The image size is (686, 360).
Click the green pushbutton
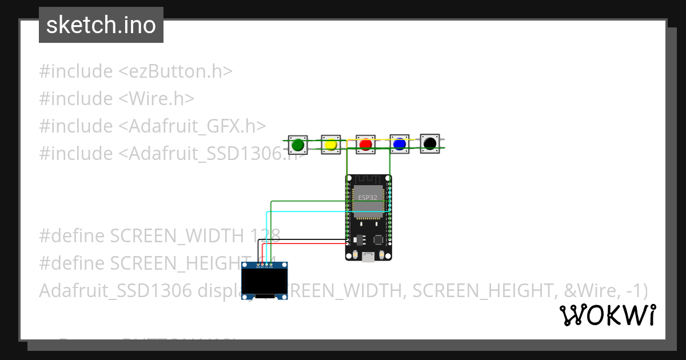(x=297, y=145)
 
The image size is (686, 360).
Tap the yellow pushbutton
(x=330, y=145)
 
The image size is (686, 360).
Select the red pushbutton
(x=365, y=145)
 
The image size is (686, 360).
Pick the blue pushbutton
(x=399, y=144)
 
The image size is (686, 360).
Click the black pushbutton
(x=430, y=143)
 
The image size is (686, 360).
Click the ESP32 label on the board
(x=368, y=197)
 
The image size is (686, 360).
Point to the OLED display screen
(x=264, y=282)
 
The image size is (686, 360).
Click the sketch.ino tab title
(x=101, y=25)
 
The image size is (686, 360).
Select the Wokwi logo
(x=607, y=315)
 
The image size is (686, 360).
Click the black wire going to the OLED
(x=303, y=239)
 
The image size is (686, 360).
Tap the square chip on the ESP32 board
(x=378, y=241)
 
